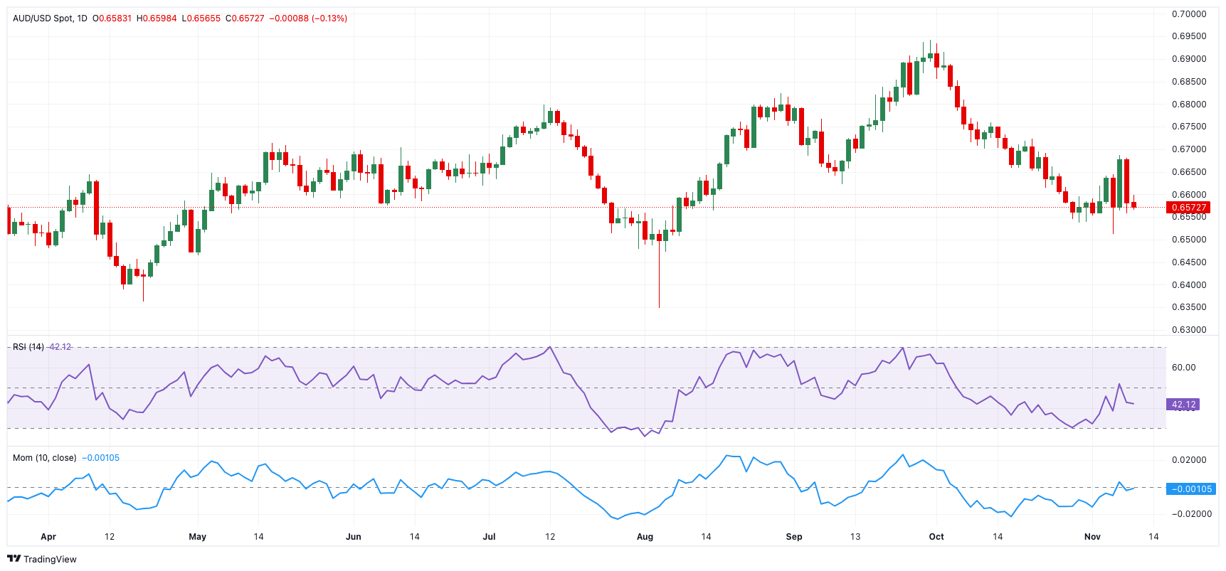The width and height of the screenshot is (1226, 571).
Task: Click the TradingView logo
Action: click(x=41, y=559)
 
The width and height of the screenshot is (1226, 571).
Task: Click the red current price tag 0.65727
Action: click(x=1188, y=208)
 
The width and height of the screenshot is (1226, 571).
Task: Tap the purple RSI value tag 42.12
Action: click(x=1183, y=405)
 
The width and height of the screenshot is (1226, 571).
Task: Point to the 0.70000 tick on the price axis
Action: click(x=1189, y=14)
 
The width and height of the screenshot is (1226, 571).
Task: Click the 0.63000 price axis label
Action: click(x=1189, y=330)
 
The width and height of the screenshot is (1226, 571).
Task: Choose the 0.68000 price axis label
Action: click(x=1189, y=105)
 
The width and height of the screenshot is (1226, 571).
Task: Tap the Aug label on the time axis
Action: click(x=645, y=537)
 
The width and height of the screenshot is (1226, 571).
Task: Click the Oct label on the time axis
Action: click(x=936, y=537)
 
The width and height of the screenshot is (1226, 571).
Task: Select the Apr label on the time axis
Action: click(x=48, y=537)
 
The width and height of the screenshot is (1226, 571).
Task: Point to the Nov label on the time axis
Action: click(x=1092, y=537)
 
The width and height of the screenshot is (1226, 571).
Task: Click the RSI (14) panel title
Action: click(x=28, y=347)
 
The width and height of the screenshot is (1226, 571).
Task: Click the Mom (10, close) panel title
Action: click(x=44, y=458)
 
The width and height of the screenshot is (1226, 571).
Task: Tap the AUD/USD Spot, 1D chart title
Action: click(x=50, y=18)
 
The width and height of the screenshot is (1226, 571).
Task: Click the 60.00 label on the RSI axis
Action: click(x=1183, y=368)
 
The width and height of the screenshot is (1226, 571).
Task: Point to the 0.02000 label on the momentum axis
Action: click(x=1189, y=460)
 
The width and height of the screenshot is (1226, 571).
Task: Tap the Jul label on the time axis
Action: click(x=489, y=537)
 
